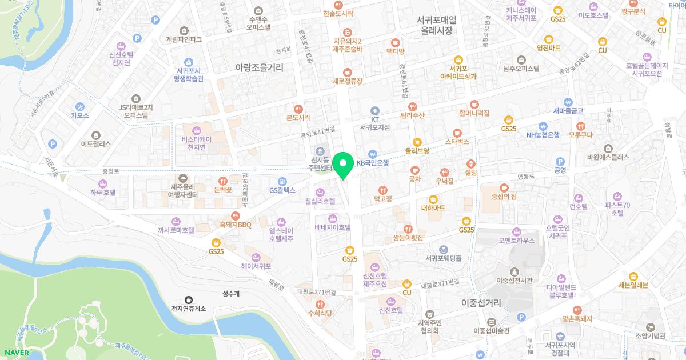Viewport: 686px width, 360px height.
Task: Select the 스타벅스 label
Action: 457,140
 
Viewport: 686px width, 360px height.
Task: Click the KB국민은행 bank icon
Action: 373,154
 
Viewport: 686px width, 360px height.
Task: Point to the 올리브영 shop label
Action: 417,151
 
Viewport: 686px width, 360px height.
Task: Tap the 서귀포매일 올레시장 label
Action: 436,25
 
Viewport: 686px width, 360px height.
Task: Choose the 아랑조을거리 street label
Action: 259,67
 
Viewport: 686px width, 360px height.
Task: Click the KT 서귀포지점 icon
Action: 375,111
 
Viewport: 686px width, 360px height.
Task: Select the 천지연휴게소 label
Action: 188,309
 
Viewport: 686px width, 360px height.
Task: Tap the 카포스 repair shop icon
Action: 80,106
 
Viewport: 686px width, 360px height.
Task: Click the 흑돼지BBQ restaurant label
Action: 236,225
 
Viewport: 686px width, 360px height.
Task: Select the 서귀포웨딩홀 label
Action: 443,258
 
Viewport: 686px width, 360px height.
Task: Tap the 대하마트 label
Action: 433,208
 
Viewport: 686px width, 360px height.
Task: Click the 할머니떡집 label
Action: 474,113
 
